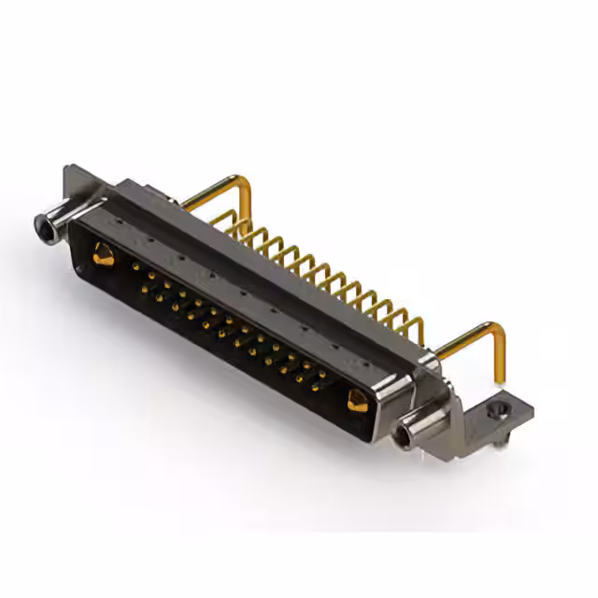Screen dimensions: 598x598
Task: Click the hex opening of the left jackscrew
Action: click(x=43, y=225)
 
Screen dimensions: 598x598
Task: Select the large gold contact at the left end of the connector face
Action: click(x=103, y=253)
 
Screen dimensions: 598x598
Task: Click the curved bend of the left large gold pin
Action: click(x=245, y=184)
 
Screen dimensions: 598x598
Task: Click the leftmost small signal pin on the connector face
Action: click(x=136, y=267)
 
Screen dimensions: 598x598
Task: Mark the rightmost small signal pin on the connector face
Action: click(x=322, y=376)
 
